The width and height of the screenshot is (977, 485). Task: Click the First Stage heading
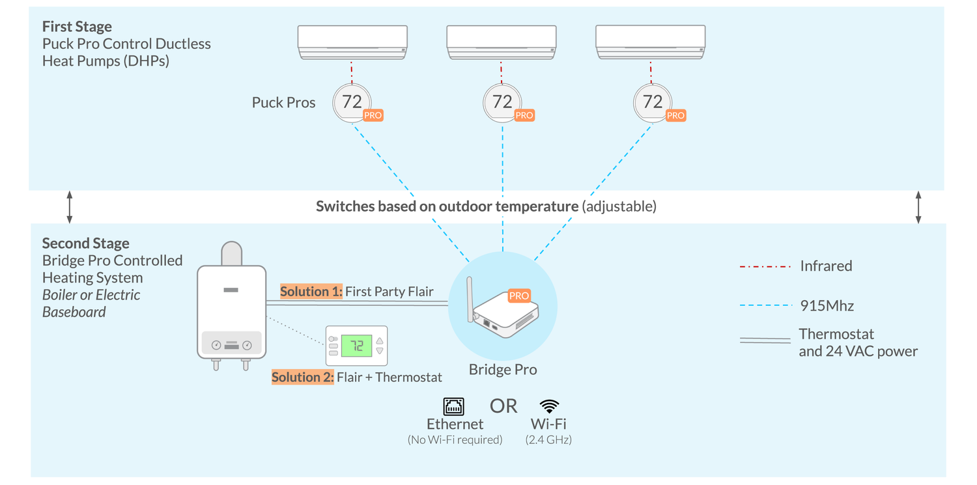click(77, 27)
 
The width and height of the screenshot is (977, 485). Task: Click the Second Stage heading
click(85, 243)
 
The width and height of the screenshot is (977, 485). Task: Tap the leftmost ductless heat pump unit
click(352, 42)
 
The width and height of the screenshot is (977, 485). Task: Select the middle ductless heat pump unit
click(502, 42)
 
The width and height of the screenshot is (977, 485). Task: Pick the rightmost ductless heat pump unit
click(651, 42)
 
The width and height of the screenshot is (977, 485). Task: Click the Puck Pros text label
click(283, 103)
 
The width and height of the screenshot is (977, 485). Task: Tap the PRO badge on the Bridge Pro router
click(519, 296)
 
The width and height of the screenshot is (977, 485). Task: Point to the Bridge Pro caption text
click(503, 370)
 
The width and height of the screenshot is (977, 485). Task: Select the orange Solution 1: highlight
click(311, 292)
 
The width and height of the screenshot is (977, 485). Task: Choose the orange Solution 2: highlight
click(303, 378)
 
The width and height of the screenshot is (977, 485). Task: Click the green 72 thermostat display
click(357, 346)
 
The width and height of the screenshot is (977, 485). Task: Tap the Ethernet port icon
click(454, 406)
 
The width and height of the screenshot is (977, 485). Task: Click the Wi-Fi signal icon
click(549, 406)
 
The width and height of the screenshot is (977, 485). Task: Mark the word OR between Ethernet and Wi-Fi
click(503, 406)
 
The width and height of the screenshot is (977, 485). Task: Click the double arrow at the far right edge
click(918, 207)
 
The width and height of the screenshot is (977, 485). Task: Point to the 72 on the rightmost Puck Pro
click(652, 102)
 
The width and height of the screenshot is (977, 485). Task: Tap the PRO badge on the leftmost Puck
click(373, 115)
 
